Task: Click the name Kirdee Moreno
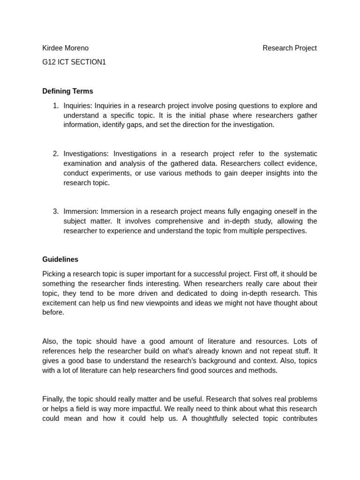[65, 48]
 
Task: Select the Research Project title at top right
[289, 48]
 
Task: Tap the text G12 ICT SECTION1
[74, 62]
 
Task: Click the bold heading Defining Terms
[67, 91]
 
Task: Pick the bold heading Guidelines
[60, 259]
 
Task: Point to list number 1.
[55, 105]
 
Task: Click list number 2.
[55, 154]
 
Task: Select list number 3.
[55, 211]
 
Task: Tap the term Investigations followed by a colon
[86, 154]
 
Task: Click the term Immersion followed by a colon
[81, 211]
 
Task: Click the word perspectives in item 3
[287, 231]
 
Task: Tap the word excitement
[60, 303]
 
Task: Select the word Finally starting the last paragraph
[53, 399]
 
